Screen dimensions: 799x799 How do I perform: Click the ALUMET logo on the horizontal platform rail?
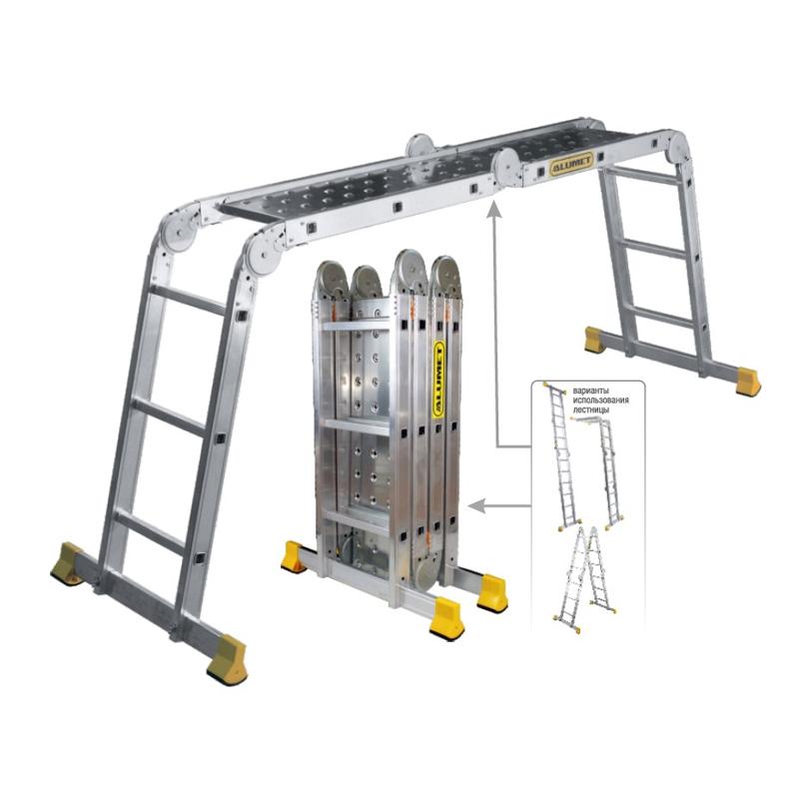(x=571, y=164)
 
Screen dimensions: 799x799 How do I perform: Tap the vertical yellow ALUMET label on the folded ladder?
(x=438, y=380)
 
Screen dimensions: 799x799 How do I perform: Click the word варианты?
(x=590, y=391)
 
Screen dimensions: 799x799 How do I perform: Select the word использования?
(x=601, y=400)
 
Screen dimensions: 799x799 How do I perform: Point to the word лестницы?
(x=590, y=409)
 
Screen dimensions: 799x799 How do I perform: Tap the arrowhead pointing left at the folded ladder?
(x=477, y=506)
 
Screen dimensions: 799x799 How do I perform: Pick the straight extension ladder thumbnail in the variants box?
(x=562, y=456)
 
